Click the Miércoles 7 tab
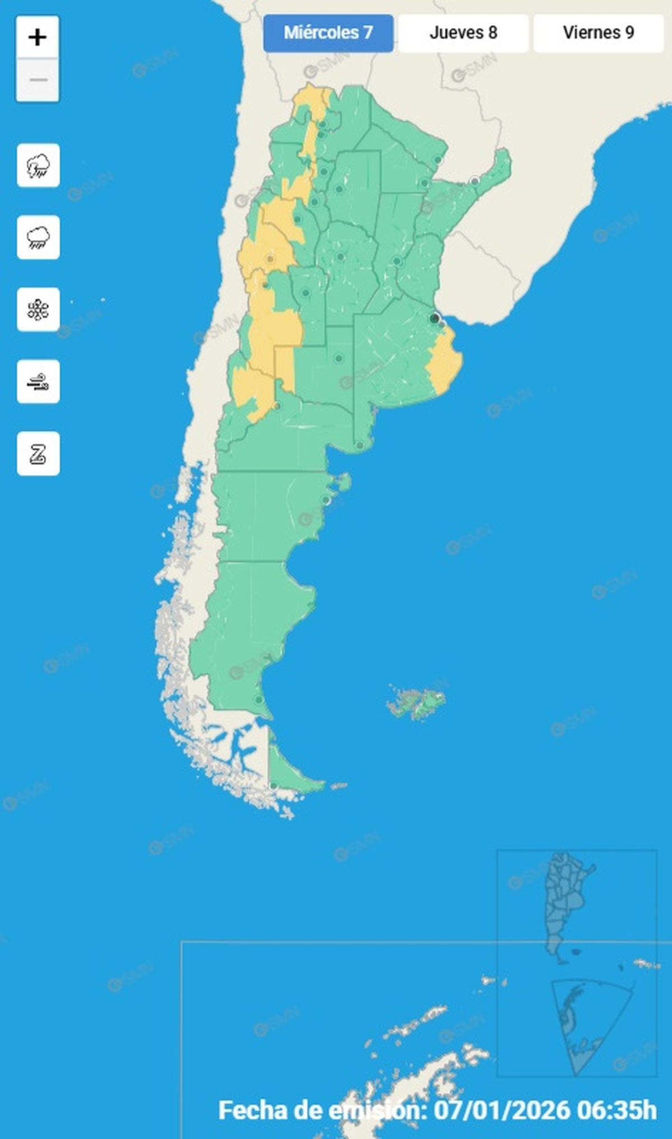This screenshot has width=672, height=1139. point(328,33)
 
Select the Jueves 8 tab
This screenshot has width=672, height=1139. point(463,33)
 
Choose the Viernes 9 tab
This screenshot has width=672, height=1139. point(598,33)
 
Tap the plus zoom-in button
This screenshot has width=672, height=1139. point(38,38)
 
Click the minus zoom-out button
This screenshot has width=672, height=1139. point(38,80)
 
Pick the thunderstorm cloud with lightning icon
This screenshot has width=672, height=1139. point(38,166)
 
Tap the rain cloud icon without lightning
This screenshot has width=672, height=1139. point(38,237)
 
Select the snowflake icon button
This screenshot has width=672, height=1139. point(38,310)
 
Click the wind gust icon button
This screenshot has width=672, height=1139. point(38,382)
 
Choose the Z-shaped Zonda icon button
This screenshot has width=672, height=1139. point(38,454)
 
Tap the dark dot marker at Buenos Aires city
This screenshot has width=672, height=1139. point(434,319)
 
